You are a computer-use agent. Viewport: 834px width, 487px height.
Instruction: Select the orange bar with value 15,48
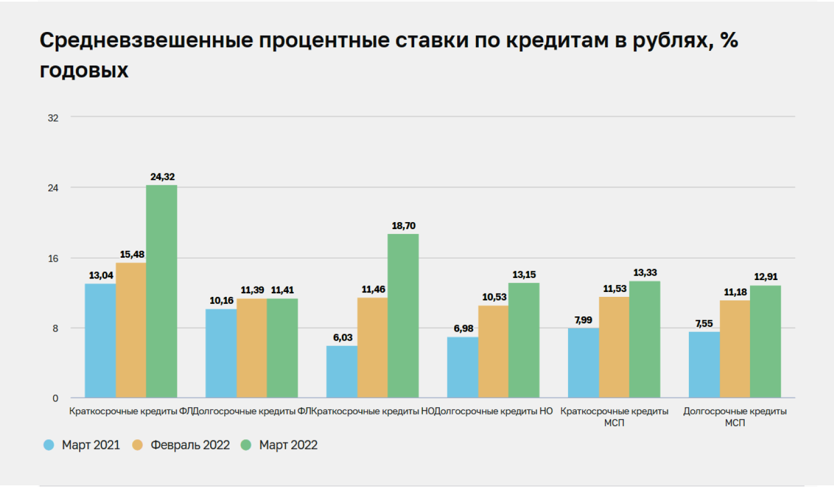[x=131, y=330]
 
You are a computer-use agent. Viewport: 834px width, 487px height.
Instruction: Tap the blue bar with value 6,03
[x=342, y=372]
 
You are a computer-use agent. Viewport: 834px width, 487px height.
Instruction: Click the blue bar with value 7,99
[x=583, y=363]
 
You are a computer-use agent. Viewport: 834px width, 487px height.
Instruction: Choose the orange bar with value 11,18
[x=735, y=349]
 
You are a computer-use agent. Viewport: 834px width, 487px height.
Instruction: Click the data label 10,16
[x=221, y=301]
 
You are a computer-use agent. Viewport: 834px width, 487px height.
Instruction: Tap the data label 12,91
[x=765, y=277]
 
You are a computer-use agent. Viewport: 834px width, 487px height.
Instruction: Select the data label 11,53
[x=615, y=289]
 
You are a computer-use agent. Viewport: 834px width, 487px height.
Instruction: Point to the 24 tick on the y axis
[x=53, y=188]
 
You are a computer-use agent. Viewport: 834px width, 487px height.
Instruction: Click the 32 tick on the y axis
[x=53, y=118]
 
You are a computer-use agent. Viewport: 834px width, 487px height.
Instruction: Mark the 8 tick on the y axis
[x=55, y=328]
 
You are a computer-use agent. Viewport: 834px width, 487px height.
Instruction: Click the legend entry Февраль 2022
[x=190, y=445]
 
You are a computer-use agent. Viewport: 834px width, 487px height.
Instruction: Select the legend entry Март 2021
[x=90, y=445]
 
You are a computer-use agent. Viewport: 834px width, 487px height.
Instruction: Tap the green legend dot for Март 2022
[x=246, y=445]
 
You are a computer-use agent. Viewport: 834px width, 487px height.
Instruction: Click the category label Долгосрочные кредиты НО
[x=494, y=411]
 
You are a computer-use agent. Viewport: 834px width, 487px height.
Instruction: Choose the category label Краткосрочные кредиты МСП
[x=614, y=417]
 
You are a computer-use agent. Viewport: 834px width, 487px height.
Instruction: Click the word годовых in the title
[x=84, y=70]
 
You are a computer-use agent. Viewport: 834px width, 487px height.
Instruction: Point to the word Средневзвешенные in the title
[x=146, y=40]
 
